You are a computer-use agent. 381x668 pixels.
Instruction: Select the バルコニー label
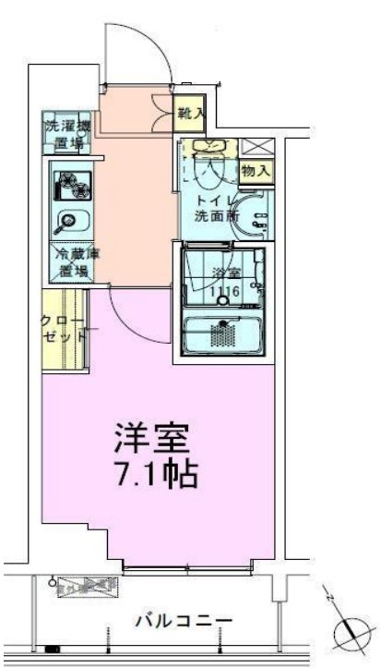[x=186, y=620]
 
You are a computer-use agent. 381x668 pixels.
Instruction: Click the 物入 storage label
[x=256, y=170]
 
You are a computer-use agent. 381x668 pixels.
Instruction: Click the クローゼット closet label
[x=65, y=330]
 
